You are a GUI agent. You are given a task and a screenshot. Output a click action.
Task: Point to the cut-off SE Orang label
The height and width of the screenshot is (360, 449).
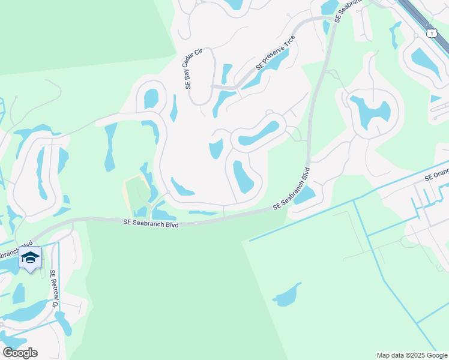436,174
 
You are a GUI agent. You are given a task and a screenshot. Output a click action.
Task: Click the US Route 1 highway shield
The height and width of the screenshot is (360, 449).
432,33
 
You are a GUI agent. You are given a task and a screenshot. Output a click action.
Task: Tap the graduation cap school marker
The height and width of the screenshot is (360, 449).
30,258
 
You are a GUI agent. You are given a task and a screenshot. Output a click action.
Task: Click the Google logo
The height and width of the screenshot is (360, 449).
20,352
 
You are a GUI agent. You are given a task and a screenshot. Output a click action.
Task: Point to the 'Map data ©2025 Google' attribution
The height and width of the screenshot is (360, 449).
412,355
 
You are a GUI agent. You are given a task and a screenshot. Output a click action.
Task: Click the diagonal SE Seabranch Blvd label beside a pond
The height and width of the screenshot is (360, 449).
292,188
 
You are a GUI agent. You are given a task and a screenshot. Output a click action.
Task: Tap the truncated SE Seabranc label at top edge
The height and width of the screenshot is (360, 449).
348,11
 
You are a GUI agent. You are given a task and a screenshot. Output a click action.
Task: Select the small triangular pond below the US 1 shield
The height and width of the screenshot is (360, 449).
435,99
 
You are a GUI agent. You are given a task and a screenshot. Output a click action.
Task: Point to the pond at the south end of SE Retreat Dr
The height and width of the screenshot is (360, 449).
63,324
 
